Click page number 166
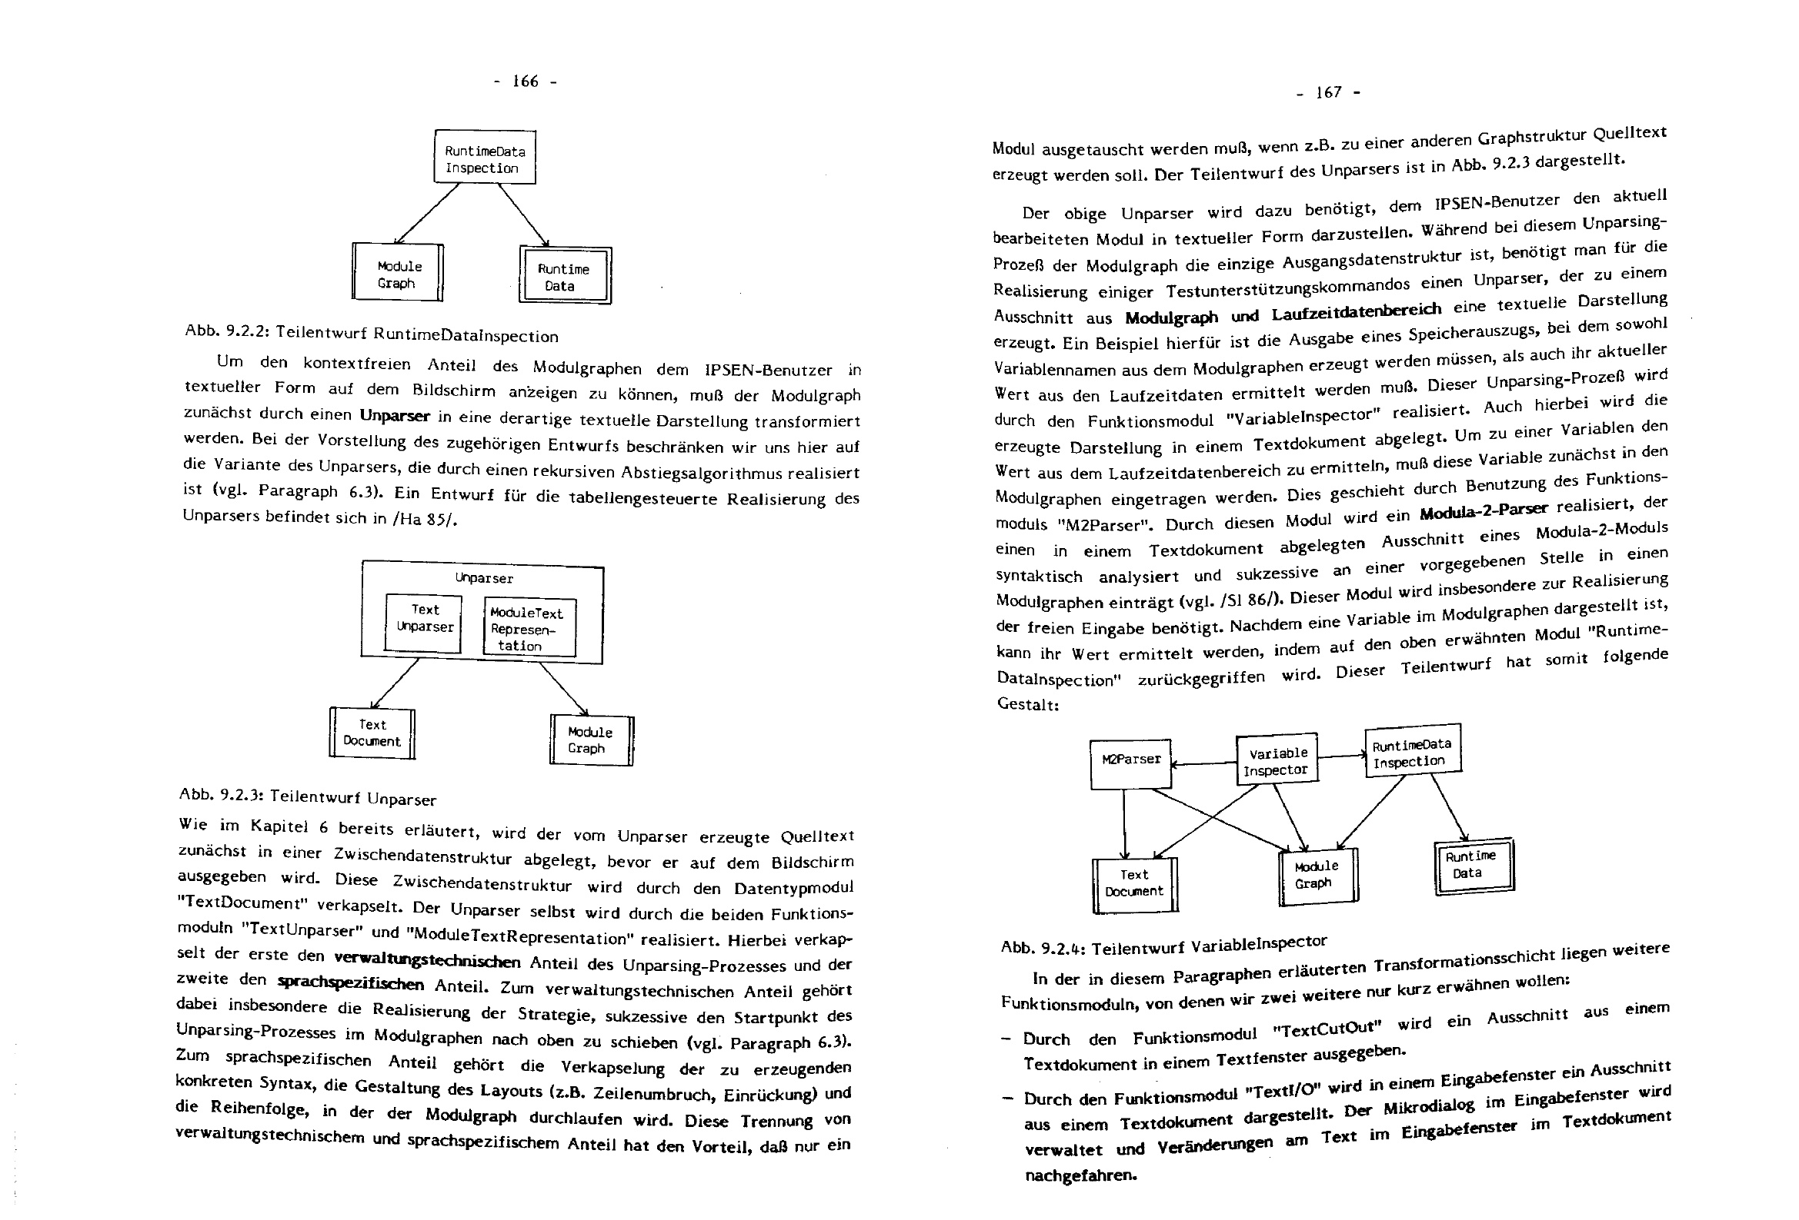pyautogui.click(x=525, y=81)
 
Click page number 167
pyautogui.click(x=1328, y=92)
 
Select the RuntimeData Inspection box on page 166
pyautogui.click(x=485, y=158)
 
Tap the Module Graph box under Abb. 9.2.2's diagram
pyautogui.click(x=398, y=273)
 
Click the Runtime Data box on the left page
pyautogui.click(x=565, y=276)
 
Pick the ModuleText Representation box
pyautogui.click(x=529, y=628)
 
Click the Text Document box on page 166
pyautogui.click(x=372, y=733)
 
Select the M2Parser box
pyautogui.click(x=1130, y=763)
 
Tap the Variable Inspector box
pyautogui.click(x=1276, y=760)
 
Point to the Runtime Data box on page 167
pyautogui.click(x=1473, y=865)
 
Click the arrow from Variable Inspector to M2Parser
pyautogui.click(x=1204, y=764)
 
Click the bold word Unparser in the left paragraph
pyautogui.click(x=394, y=415)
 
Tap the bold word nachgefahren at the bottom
pyautogui.click(x=1080, y=1176)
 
